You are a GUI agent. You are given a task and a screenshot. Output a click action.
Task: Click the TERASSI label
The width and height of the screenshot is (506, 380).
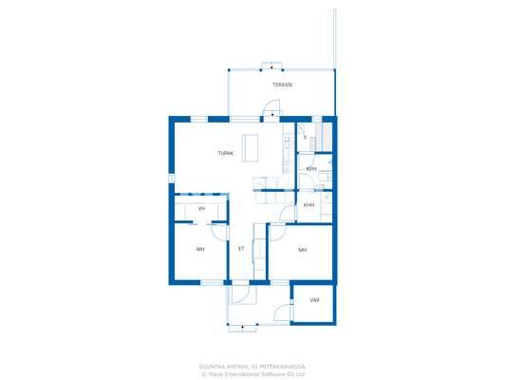(x=282, y=85)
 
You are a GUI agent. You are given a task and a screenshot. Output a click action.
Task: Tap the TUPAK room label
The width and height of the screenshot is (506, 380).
(x=225, y=153)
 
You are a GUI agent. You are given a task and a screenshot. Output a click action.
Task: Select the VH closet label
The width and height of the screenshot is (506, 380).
(x=201, y=208)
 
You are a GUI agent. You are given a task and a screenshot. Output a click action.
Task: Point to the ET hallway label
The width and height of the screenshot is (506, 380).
(x=241, y=249)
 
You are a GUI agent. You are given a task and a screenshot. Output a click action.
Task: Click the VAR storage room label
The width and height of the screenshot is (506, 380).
(x=314, y=300)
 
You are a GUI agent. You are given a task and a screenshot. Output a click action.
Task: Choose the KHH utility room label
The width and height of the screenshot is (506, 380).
(x=309, y=204)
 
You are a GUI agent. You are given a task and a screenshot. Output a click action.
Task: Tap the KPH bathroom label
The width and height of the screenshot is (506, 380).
(x=310, y=169)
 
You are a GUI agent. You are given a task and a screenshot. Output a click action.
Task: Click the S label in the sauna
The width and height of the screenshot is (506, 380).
(x=305, y=138)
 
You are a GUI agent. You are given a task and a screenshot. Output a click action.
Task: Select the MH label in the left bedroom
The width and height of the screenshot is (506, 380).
(x=200, y=250)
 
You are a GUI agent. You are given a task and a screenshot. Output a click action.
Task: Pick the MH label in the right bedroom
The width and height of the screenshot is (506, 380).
(x=302, y=250)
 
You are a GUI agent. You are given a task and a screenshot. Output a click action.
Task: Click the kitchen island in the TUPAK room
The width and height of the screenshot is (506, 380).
(x=251, y=149)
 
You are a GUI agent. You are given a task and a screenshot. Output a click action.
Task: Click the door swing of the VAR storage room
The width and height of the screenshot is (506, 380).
(x=281, y=313)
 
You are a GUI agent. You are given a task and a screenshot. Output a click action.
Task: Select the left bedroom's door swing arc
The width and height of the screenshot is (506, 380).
(x=219, y=230)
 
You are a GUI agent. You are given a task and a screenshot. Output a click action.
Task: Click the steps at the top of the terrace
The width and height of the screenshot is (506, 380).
(x=272, y=66)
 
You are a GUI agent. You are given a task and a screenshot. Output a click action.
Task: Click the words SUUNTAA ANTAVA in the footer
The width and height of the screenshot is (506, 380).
(x=224, y=366)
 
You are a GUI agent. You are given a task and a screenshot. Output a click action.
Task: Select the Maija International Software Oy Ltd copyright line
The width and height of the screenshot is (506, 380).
(x=253, y=373)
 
